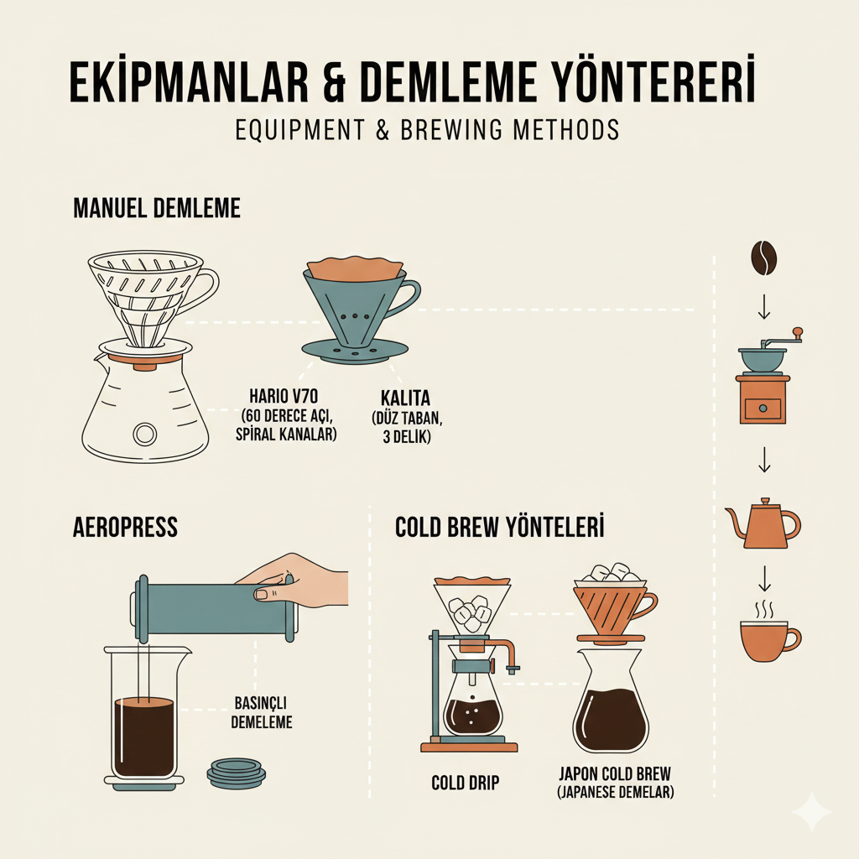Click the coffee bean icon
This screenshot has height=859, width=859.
(763, 259)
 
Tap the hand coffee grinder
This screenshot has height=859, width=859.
(763, 382)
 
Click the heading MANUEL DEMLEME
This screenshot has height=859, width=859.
(157, 208)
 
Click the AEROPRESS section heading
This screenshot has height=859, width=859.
(125, 527)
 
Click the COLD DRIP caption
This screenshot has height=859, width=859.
(465, 784)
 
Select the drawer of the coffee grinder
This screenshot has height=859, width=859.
(763, 409)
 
